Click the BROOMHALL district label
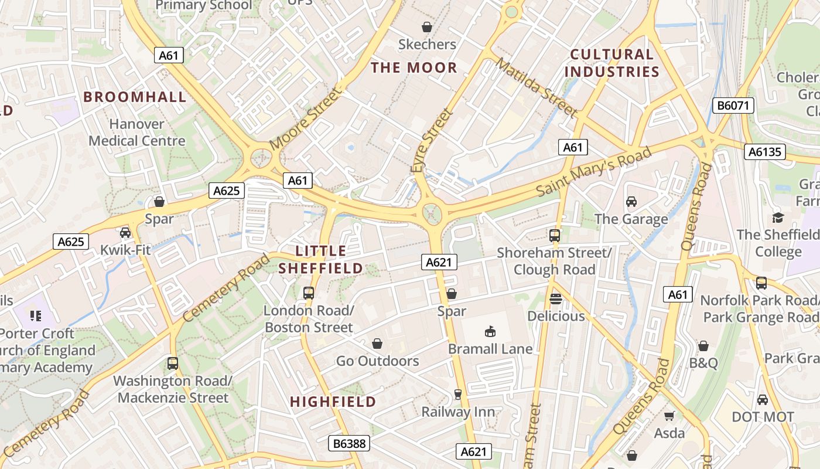[x=135, y=97]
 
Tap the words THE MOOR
[x=414, y=67]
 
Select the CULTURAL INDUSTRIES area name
[x=612, y=63]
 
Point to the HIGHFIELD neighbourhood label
[x=333, y=402]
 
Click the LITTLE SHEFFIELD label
[x=320, y=260]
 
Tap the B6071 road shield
[x=733, y=106]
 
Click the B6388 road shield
[x=349, y=443]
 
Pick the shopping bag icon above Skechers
[x=427, y=27]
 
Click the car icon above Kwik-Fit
[x=125, y=233]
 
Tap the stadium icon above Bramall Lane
[x=490, y=332]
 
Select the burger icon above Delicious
[x=556, y=299]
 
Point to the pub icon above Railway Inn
[x=458, y=395]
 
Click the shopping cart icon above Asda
[x=669, y=416]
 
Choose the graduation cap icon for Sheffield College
[x=778, y=217]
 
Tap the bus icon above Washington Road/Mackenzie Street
[x=172, y=363]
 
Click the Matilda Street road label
[x=537, y=87]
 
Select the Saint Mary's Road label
[x=593, y=172]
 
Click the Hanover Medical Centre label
[x=137, y=132]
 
